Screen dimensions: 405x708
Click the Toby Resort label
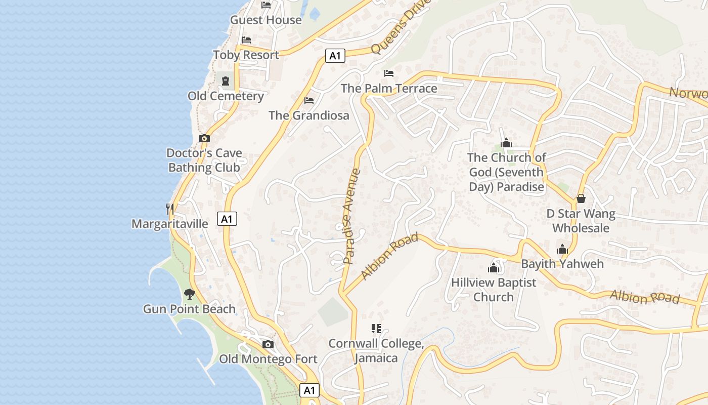coord(246,55)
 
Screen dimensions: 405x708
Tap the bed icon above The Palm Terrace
coord(388,73)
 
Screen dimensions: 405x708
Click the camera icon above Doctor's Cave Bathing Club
coord(204,138)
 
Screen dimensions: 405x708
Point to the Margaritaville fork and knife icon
coord(170,208)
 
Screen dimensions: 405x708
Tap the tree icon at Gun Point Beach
coord(190,294)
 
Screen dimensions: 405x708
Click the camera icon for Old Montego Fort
coord(268,345)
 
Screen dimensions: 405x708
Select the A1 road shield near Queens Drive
coord(335,56)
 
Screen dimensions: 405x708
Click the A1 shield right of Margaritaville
coord(227,219)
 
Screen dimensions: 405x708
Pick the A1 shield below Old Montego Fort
coord(309,390)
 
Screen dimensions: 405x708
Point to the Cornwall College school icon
coord(376,329)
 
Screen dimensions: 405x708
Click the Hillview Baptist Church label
coord(493,290)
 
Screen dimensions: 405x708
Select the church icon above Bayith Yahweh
coord(562,249)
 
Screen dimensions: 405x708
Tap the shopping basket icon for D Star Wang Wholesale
coord(581,198)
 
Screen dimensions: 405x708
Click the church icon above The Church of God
coord(506,143)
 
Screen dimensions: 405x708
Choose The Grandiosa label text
coord(309,115)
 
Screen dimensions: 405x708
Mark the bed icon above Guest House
coord(266,5)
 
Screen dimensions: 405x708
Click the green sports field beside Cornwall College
coord(333,311)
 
